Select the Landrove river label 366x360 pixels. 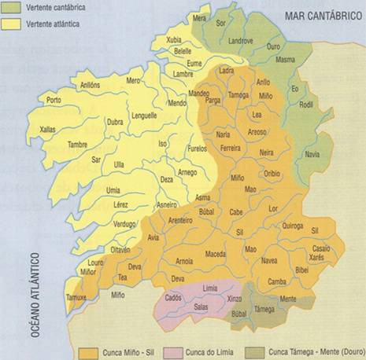point(240,40)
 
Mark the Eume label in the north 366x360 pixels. point(194,62)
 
